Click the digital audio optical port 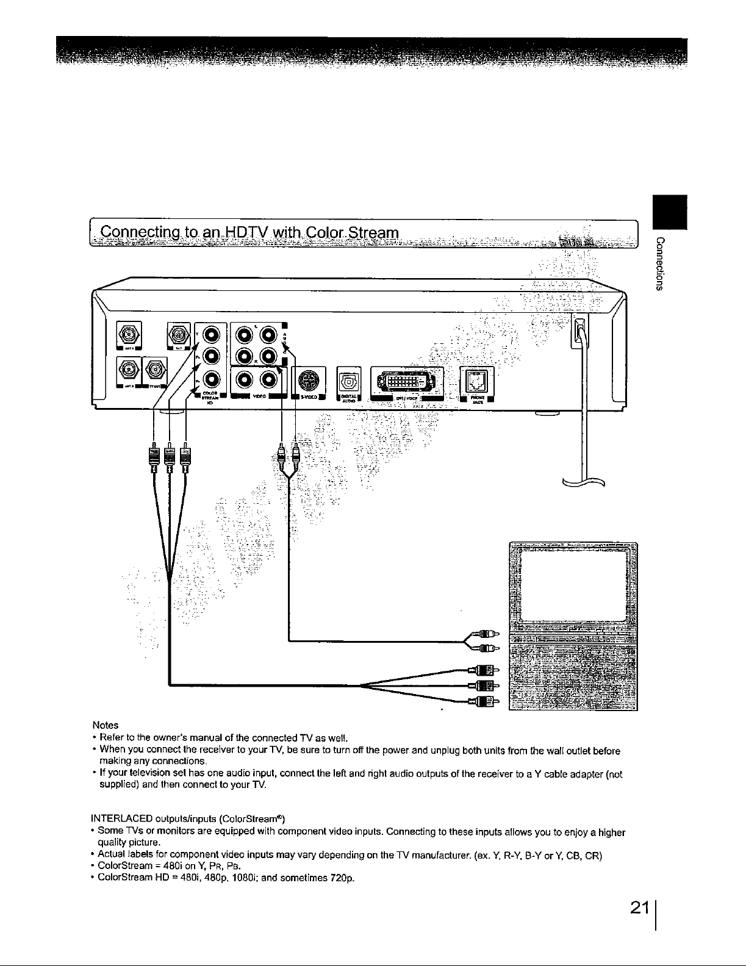349,381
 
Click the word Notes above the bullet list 105,726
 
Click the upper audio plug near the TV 486,632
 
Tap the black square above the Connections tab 669,211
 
